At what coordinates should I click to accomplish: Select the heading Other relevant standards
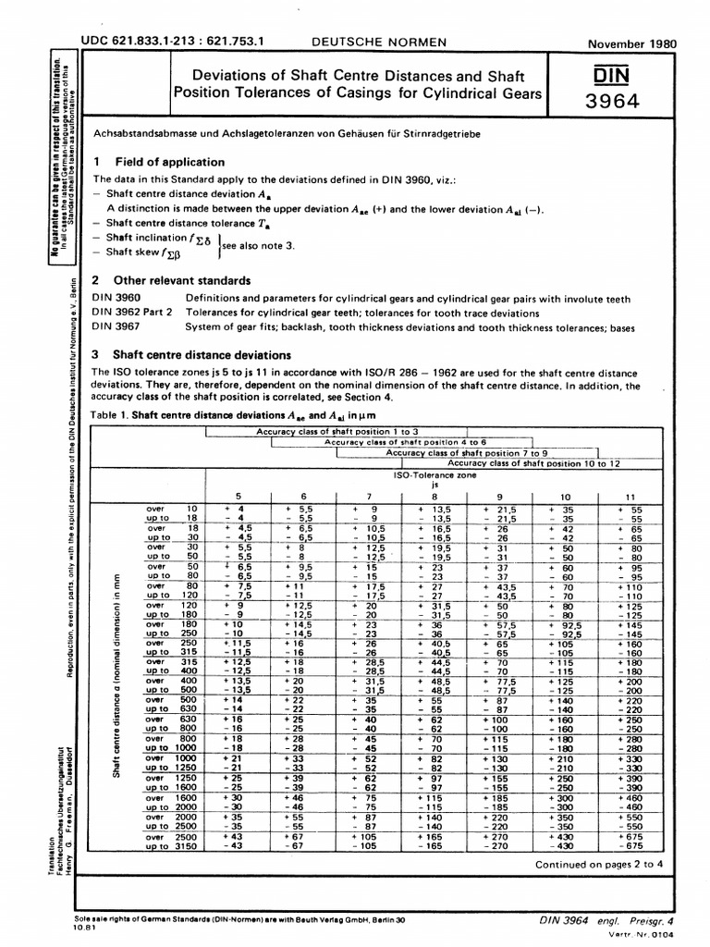(x=180, y=279)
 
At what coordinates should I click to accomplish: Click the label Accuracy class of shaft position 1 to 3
(x=337, y=431)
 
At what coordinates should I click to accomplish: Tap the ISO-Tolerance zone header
(x=434, y=473)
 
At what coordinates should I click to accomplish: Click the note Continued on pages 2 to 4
(x=600, y=865)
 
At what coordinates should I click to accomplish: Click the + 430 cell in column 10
(x=562, y=833)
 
